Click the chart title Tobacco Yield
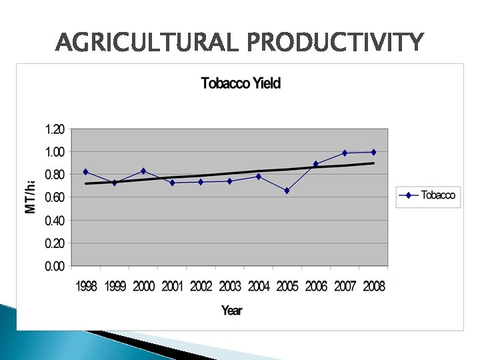click(x=241, y=83)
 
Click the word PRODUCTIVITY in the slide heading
click(x=335, y=43)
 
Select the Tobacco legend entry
click(x=428, y=195)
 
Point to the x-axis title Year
click(x=231, y=310)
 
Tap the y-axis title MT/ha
click(x=31, y=197)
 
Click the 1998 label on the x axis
click(x=86, y=286)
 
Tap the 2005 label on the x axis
click(x=287, y=286)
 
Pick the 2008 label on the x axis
click(x=373, y=286)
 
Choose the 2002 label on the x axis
click(x=201, y=286)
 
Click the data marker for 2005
click(x=287, y=191)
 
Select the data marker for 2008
click(x=373, y=152)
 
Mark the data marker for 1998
click(x=85, y=172)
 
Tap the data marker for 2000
click(x=143, y=171)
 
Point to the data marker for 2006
click(x=316, y=164)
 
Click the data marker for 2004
click(x=258, y=177)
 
